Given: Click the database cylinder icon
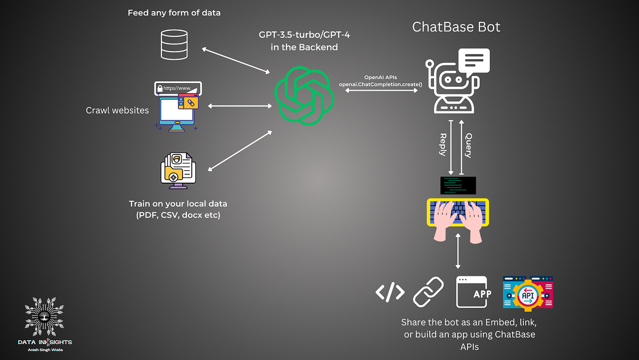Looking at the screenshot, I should click(174, 45).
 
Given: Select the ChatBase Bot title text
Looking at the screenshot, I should click(456, 27).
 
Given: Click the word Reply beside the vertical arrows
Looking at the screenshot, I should click(443, 144).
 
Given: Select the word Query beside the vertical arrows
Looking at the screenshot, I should click(468, 145).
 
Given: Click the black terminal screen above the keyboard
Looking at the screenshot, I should click(458, 185).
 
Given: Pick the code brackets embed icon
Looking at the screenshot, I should click(390, 292).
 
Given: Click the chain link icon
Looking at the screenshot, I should click(429, 292).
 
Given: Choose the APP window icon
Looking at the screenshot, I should click(471, 292).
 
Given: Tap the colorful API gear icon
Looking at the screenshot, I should click(528, 292).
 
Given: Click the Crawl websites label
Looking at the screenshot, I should click(117, 111).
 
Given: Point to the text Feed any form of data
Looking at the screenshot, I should click(174, 13).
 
